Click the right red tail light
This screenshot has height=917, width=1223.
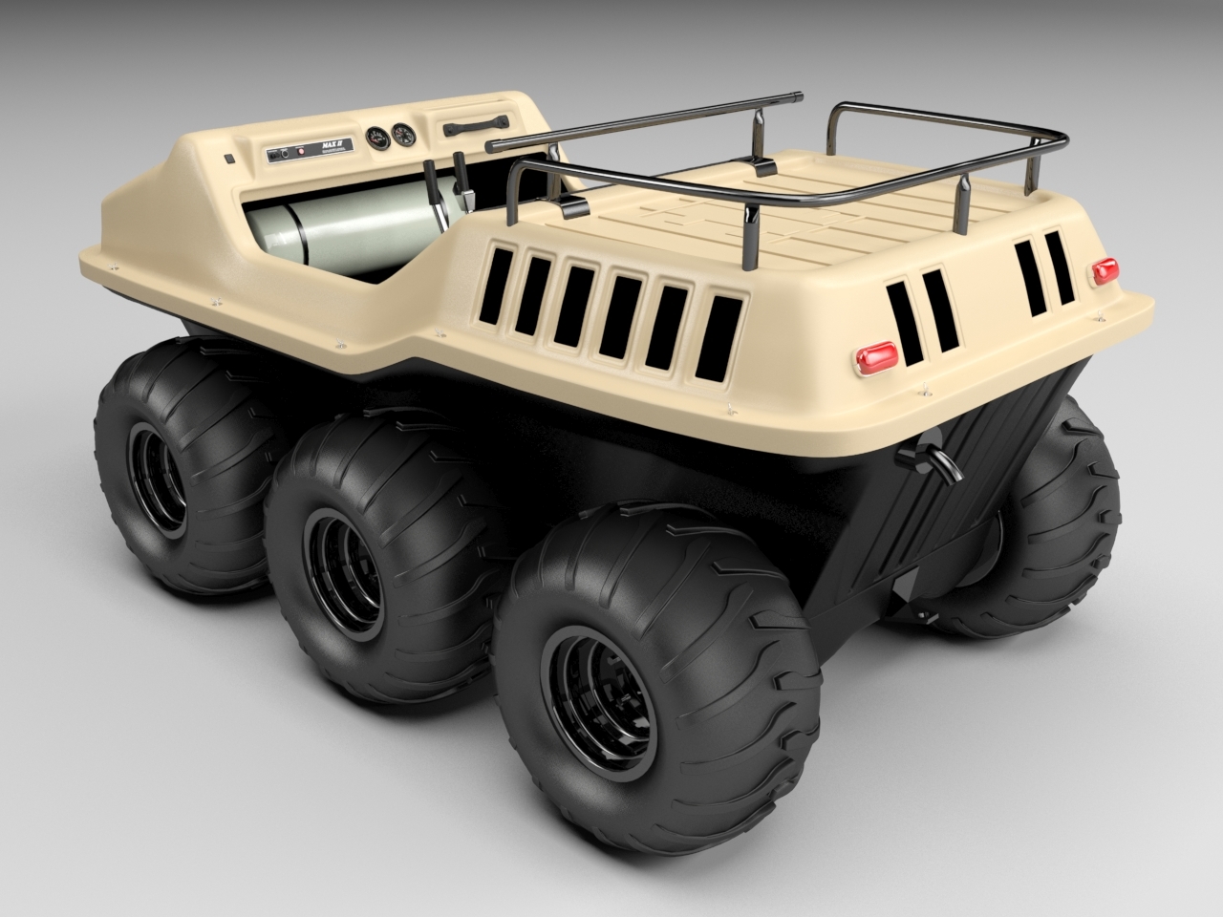coord(1105,269)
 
